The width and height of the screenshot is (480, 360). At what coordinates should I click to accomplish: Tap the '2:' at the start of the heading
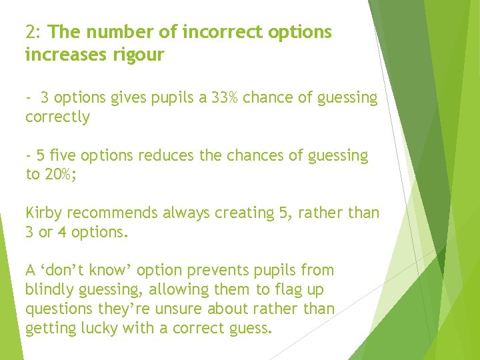tap(34, 32)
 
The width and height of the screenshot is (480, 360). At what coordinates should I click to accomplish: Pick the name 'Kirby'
tap(44, 213)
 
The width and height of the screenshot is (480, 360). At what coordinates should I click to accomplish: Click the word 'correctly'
tap(57, 117)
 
